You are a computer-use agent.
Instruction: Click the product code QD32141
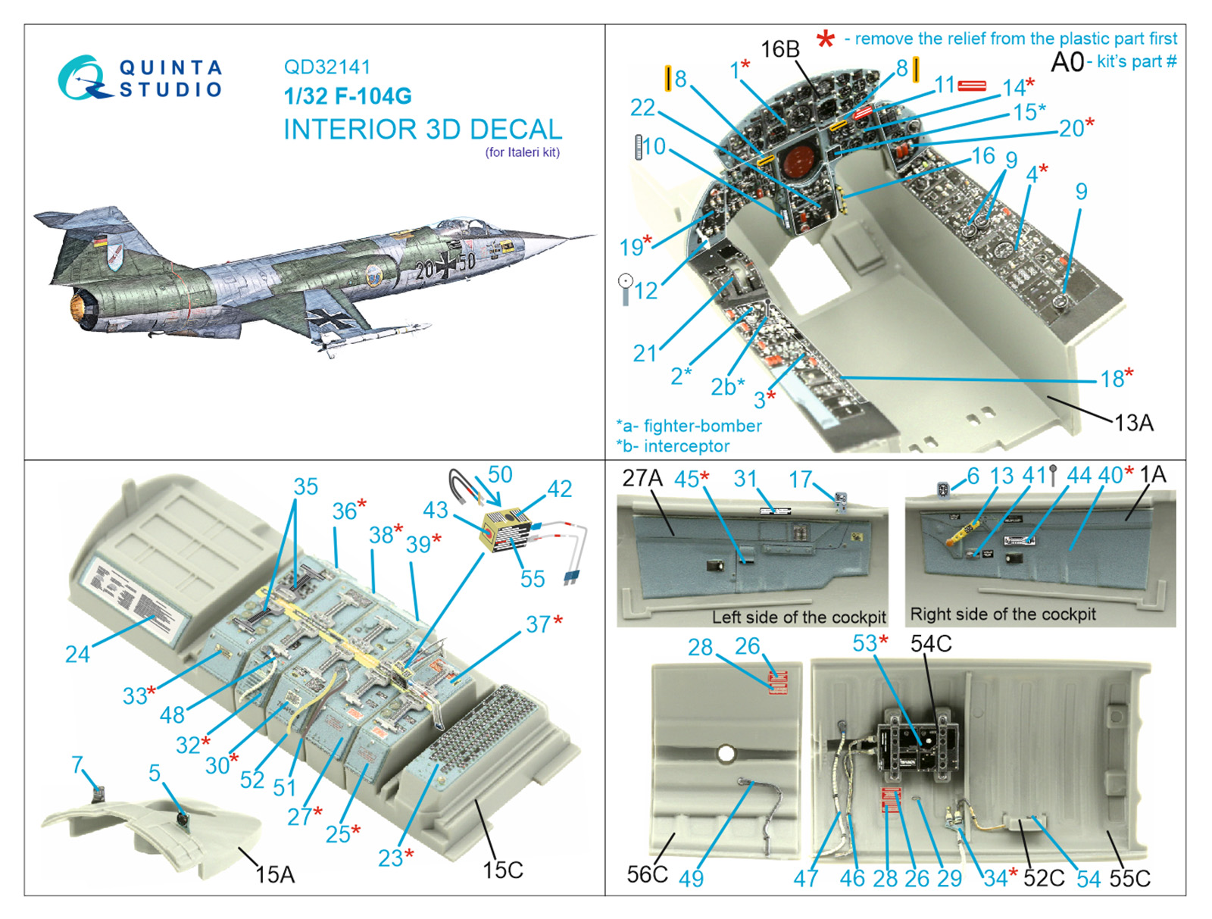click(x=326, y=67)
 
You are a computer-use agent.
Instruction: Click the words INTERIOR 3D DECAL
click(x=422, y=130)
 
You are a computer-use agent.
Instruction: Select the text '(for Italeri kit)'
click(x=522, y=152)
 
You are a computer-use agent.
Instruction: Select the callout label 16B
click(x=779, y=50)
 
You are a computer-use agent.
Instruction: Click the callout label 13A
click(x=1133, y=423)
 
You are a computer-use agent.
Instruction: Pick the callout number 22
click(x=642, y=108)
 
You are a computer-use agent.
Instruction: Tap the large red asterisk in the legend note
click(x=826, y=39)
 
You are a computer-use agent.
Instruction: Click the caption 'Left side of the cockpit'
click(x=798, y=617)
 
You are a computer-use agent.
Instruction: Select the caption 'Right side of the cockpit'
click(x=1002, y=614)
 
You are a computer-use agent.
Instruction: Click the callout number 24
click(x=77, y=654)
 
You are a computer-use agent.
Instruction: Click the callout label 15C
click(x=502, y=870)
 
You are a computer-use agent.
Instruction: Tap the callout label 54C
click(x=930, y=644)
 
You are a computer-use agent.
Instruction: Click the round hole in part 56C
click(x=726, y=754)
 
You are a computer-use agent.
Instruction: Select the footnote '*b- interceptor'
click(x=673, y=446)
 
